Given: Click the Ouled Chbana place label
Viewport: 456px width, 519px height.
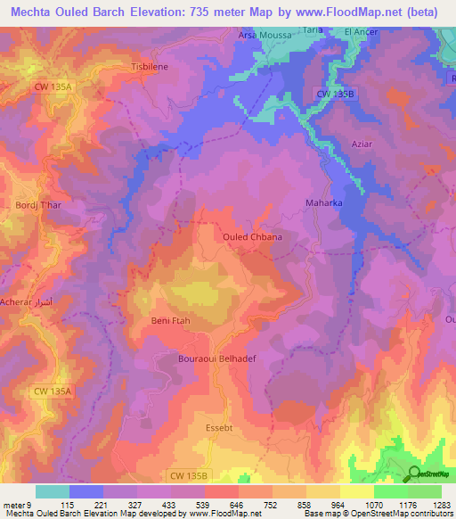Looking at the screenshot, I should tap(252, 236).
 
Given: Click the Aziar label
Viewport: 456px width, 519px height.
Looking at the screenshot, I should tap(337, 144).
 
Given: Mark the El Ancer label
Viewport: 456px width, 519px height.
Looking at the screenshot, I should tap(361, 31).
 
